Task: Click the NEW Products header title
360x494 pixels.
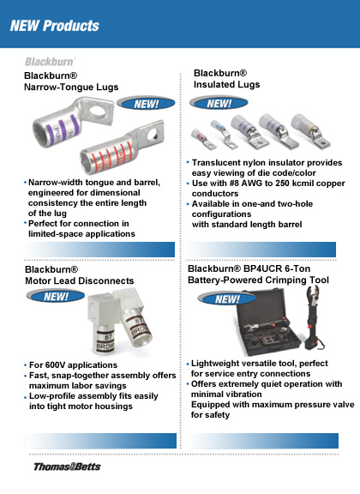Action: click(55, 26)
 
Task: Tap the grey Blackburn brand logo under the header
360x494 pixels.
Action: click(50, 63)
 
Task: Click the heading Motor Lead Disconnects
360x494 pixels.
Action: click(79, 280)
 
